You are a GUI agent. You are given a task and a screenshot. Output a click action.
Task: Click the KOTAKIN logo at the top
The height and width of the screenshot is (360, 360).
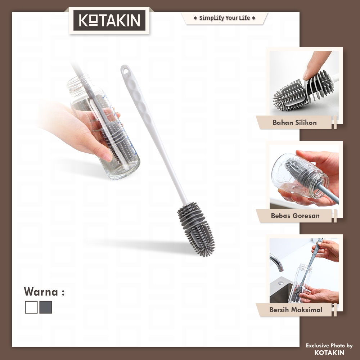pos(109,20)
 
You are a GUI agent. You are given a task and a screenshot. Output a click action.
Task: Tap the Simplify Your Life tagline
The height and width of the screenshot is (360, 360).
pos(224,18)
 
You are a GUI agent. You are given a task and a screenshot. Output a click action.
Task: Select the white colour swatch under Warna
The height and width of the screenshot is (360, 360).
pos(31,307)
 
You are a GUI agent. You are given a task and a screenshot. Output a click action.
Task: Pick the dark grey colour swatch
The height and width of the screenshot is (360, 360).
pos(46,307)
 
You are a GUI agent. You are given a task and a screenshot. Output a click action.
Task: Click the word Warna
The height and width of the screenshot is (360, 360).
pos(41,292)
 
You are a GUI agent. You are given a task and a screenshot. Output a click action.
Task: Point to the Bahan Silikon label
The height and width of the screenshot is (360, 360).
pos(294,123)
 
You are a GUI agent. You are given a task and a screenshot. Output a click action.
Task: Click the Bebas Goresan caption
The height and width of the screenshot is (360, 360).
pos(295,216)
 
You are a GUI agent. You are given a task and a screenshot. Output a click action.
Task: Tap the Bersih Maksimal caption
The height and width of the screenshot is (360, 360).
pos(296,310)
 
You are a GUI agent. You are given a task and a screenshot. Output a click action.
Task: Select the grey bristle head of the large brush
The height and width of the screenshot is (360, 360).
pos(196,229)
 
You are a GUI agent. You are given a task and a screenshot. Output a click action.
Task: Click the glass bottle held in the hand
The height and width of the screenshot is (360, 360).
pos(104,127)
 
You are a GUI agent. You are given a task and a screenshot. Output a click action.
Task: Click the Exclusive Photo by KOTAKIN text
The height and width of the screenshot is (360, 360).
pos(329,349)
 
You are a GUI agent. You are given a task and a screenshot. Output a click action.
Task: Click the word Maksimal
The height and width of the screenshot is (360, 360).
pos(307,310)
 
